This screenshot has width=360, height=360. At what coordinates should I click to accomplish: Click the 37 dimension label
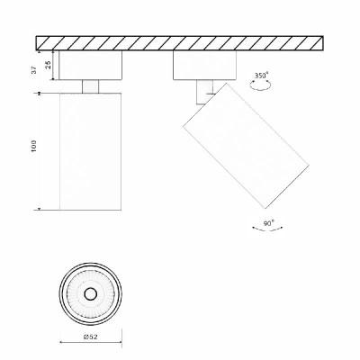pos(34,70)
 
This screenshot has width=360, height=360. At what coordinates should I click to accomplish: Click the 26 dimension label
pos(48,65)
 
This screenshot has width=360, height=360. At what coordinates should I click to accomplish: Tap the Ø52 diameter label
pos(90,337)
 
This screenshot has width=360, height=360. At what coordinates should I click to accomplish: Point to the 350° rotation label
pos(261,76)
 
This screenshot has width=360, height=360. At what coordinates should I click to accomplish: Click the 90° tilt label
pos(268,223)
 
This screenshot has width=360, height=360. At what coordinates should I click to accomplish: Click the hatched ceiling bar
pos(180,43)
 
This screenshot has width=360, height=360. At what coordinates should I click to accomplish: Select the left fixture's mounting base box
pos(90,65)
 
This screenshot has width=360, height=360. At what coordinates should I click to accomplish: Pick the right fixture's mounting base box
pos(204,65)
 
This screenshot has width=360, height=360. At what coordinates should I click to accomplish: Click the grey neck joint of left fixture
pos(90,86)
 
